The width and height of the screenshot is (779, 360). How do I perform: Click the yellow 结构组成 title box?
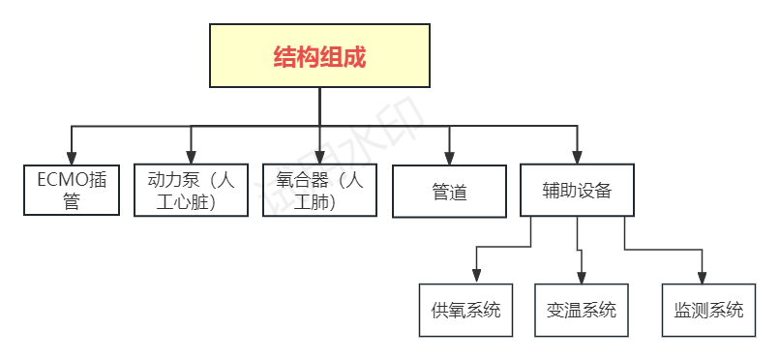319,55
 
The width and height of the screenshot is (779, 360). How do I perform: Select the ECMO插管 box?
71,190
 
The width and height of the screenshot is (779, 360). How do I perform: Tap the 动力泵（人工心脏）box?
191,190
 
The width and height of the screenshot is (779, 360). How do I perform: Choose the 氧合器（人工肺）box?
320,190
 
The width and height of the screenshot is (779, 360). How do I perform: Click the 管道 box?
449,191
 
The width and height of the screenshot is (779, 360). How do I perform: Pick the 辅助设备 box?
578,190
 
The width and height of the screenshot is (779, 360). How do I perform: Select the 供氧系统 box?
465,310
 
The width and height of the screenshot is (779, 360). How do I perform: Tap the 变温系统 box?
581,310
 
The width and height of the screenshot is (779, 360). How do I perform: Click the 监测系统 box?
708,310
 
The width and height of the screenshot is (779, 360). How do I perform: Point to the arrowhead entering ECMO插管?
71,157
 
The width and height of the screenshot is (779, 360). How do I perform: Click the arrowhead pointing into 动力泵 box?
191,157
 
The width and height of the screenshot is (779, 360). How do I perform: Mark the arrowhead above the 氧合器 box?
320,157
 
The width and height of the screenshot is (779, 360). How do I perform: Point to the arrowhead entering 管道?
449,158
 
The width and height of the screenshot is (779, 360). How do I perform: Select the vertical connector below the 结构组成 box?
319,106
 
